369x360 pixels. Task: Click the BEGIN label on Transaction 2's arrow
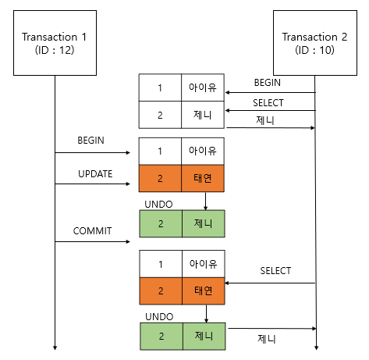pos(268,82)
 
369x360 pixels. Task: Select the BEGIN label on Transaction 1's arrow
pos(92,141)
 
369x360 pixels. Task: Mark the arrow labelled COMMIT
pos(92,241)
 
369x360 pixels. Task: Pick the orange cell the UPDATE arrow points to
pos(160,179)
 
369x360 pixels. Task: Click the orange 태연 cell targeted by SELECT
pos(203,291)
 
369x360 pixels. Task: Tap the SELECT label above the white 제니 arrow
pos(268,102)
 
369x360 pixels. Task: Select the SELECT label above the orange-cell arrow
pos(275,271)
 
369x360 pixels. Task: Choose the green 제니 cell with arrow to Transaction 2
pos(203,336)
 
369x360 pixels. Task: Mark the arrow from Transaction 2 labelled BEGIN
pos(270,92)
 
